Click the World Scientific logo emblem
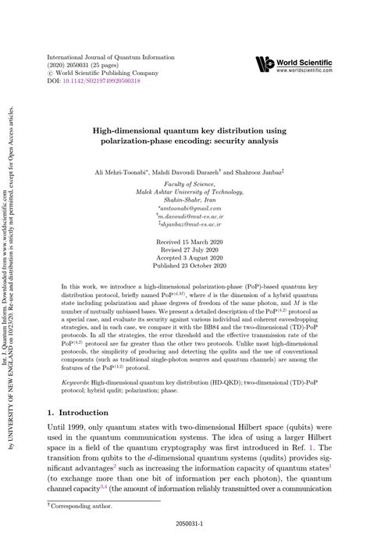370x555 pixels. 265,64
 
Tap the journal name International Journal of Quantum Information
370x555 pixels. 116,57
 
